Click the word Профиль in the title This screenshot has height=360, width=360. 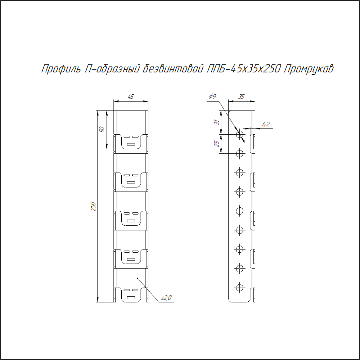61,69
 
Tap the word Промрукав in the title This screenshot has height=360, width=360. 309,69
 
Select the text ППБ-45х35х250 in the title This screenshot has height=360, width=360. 244,68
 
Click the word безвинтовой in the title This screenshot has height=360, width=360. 173,68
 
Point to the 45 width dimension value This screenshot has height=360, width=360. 131,96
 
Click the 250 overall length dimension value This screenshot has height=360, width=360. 93,206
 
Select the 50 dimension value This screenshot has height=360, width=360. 102,130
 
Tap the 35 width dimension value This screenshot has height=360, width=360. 241,96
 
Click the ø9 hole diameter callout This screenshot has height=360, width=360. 213,96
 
